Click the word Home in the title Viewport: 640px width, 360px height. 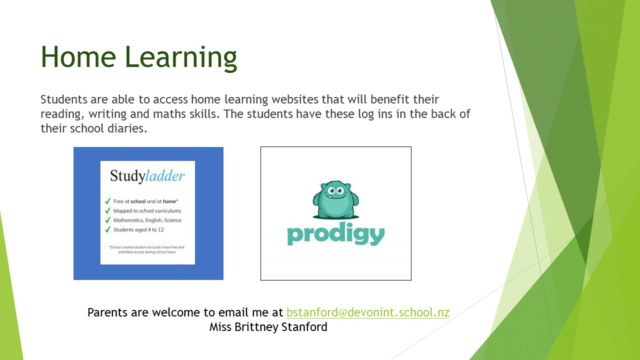click(x=78, y=57)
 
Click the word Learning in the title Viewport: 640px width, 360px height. click(x=180, y=58)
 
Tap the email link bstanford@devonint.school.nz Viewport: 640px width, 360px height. click(x=368, y=312)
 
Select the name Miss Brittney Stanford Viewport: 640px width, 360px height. click(x=268, y=327)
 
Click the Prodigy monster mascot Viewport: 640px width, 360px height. click(x=335, y=199)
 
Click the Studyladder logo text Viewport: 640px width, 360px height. click(x=147, y=175)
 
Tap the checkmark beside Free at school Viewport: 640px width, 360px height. click(x=107, y=201)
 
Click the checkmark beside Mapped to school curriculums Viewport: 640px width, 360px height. click(x=107, y=210)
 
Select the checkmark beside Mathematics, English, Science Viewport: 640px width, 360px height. click(x=107, y=220)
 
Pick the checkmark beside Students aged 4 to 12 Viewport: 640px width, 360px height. click(x=107, y=229)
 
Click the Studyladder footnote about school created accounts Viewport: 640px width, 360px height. click(x=147, y=249)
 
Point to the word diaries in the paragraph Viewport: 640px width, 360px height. click(x=127, y=128)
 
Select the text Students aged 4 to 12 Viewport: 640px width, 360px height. click(x=138, y=229)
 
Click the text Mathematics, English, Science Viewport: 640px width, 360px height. click(x=147, y=220)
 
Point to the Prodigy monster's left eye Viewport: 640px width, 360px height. click(x=331, y=190)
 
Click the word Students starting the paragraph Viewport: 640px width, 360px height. click(x=64, y=99)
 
